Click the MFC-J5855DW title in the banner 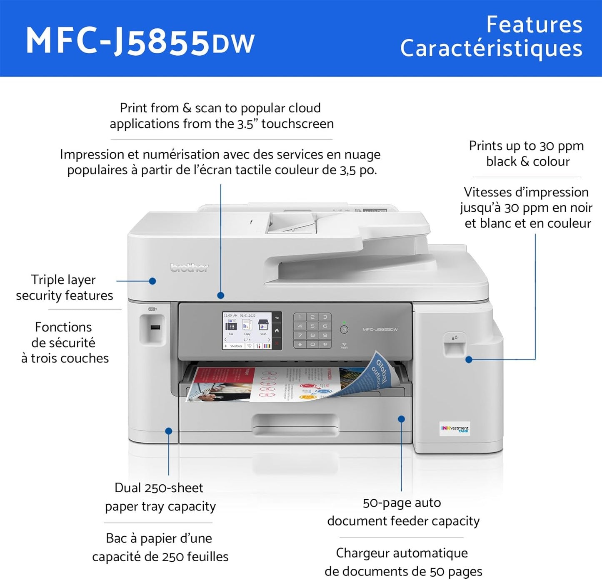(x=140, y=42)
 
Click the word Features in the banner (x=534, y=25)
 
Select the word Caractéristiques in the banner (x=491, y=49)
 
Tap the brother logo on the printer (x=189, y=268)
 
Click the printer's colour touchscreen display (x=247, y=330)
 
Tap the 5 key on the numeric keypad (x=312, y=326)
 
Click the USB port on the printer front (x=155, y=327)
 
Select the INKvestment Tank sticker (x=455, y=429)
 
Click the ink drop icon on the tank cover (x=454, y=338)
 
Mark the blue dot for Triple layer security (x=152, y=281)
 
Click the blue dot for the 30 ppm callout (x=469, y=359)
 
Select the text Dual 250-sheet (x=159, y=488)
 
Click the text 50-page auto (x=402, y=503)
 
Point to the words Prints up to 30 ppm (x=526, y=146)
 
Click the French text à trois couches (x=65, y=358)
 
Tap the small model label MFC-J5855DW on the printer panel (x=380, y=330)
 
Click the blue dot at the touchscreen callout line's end (x=221, y=295)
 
